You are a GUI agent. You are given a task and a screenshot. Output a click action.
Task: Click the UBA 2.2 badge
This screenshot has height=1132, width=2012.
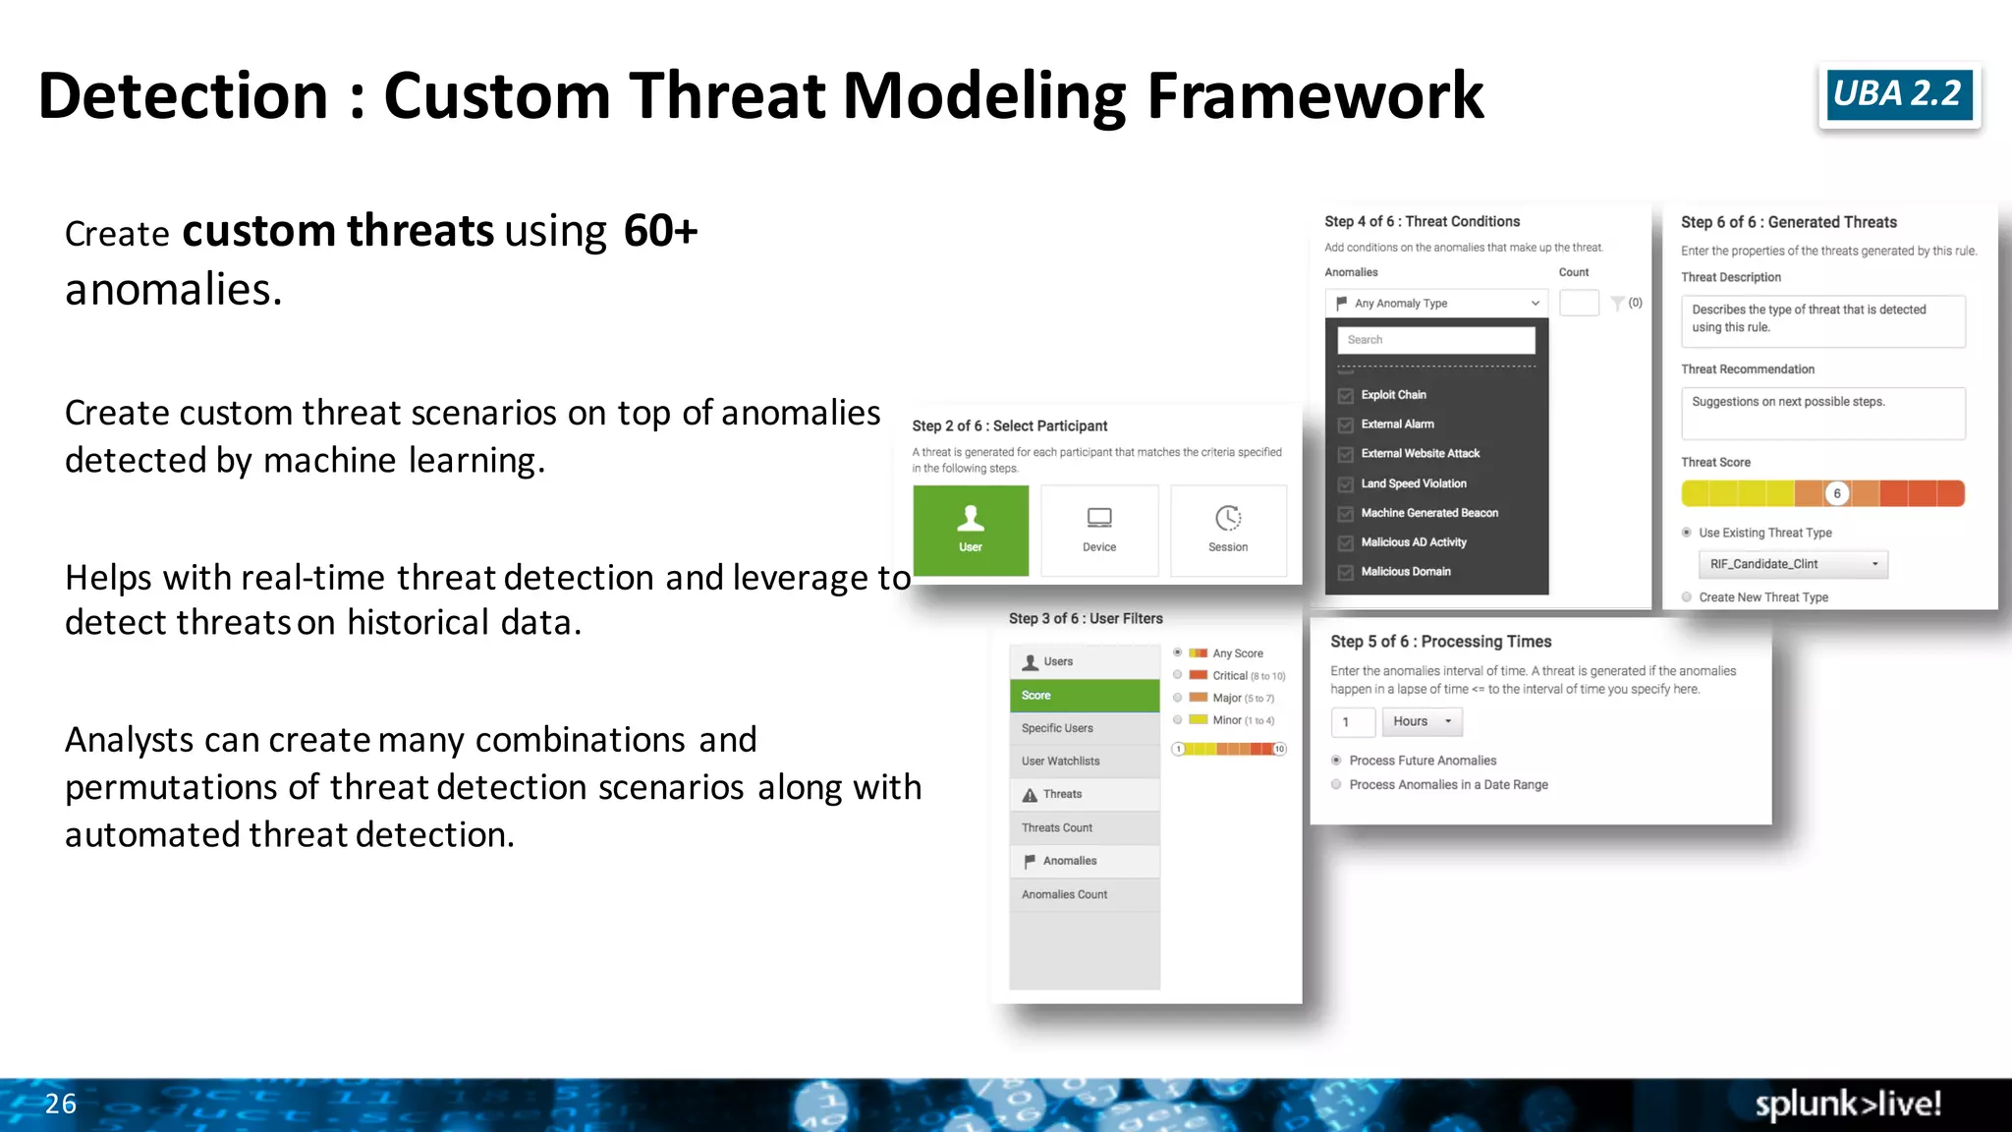click(1898, 94)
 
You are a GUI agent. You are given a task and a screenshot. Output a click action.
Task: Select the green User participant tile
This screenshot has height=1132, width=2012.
click(971, 530)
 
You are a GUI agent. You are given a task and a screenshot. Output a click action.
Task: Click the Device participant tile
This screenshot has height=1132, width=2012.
click(1099, 530)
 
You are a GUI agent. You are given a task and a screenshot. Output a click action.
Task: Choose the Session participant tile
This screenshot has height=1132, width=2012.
click(1228, 530)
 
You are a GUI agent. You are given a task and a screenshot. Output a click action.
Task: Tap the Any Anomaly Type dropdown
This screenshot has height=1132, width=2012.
click(1436, 304)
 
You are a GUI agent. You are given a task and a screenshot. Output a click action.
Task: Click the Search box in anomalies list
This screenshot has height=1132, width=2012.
click(1435, 340)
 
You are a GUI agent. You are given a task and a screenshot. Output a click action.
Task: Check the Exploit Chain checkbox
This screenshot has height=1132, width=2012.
click(1346, 395)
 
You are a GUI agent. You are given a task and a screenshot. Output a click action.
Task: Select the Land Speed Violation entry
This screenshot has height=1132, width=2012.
click(1413, 483)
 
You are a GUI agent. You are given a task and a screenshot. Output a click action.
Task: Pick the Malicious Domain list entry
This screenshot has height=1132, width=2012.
click(1405, 572)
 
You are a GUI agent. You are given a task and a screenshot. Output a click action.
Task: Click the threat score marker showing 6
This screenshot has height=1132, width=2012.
click(1836, 493)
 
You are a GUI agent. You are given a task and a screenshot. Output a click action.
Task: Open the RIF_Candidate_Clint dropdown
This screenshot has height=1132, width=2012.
click(1793, 564)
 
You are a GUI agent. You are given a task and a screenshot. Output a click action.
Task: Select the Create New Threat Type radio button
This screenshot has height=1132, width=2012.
click(1687, 597)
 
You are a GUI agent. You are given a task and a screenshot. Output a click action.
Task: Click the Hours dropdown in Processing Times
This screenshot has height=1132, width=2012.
click(1422, 721)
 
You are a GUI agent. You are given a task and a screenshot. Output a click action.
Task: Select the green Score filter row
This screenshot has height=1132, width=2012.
click(1085, 696)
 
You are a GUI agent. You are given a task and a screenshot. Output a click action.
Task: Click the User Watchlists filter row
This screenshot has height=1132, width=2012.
click(1085, 762)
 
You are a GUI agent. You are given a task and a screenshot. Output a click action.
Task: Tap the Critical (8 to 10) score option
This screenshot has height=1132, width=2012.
click(1178, 675)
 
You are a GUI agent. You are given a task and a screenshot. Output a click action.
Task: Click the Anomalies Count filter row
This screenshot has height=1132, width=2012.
click(1085, 894)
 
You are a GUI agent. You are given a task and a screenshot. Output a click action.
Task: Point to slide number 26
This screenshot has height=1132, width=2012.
click(60, 1104)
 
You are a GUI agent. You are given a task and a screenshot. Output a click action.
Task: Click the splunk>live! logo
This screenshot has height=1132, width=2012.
click(1848, 1104)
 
